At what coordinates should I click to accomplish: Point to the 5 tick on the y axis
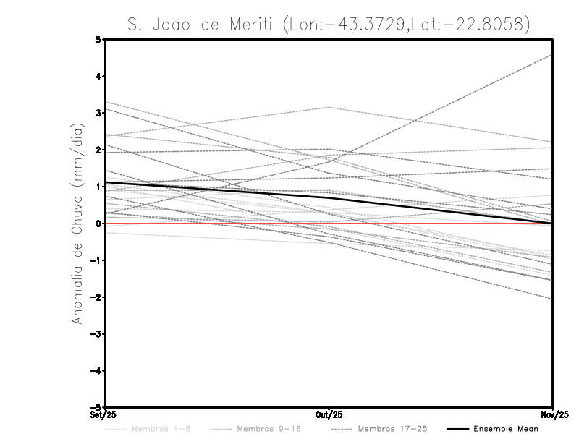[98, 39]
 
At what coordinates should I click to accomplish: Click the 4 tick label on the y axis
[98, 76]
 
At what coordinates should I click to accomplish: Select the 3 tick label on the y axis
[98, 113]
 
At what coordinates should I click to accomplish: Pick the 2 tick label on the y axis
[98, 150]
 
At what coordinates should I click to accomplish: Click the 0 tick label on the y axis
[98, 223]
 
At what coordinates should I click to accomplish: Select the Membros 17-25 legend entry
[394, 429]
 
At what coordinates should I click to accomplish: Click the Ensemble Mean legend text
[506, 429]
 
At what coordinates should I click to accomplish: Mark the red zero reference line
[217, 223]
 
